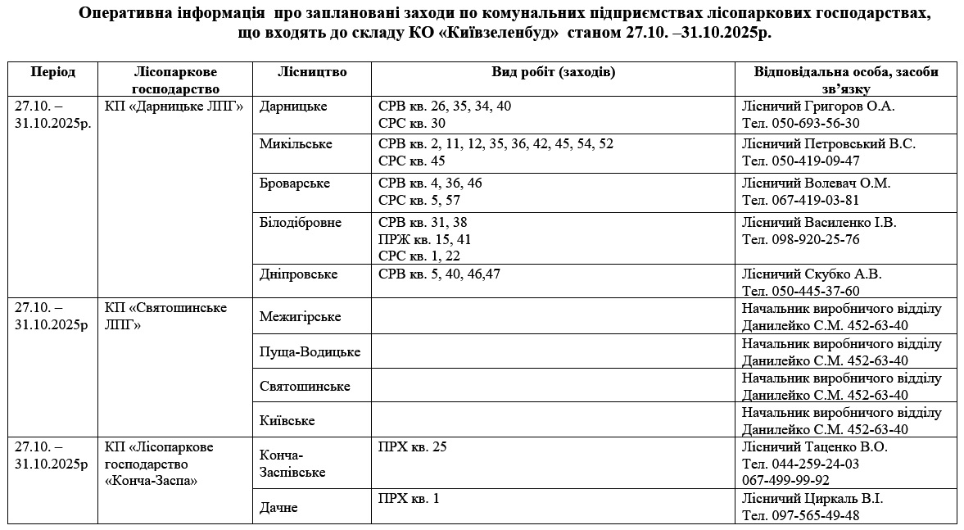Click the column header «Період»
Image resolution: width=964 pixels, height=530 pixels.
tap(52, 72)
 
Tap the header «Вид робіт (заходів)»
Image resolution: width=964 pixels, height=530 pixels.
tap(553, 72)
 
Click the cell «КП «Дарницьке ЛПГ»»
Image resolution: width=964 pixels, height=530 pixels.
tap(174, 106)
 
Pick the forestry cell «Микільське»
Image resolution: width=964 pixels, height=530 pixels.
tap(296, 143)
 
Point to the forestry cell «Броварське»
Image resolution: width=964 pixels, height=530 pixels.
tap(295, 183)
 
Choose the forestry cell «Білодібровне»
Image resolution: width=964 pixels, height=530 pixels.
tap(301, 223)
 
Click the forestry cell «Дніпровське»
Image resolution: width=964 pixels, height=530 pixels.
tap(298, 274)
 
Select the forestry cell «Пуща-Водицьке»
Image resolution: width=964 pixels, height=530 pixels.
tap(310, 351)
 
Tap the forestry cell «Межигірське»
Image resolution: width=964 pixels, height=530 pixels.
tap(300, 316)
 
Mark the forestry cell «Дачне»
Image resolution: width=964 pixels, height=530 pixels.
tap(278, 508)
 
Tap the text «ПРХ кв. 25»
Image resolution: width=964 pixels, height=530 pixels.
tap(413, 447)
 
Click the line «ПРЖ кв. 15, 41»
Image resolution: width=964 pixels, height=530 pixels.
tap(424, 239)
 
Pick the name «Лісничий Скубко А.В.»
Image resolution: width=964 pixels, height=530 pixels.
tap(811, 274)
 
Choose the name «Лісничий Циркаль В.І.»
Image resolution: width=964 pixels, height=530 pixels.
tap(812, 499)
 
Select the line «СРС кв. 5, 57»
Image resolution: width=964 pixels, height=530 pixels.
tap(419, 200)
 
